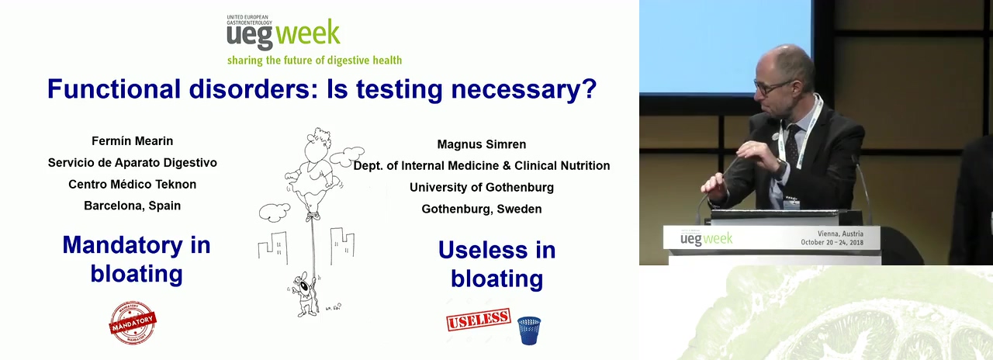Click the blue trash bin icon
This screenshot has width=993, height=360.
point(529,331)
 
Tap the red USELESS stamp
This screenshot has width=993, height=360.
point(479,319)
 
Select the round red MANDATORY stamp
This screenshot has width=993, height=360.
point(133,322)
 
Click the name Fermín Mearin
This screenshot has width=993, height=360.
point(132,141)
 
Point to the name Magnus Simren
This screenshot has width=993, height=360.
point(482,144)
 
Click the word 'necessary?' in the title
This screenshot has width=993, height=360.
point(524,89)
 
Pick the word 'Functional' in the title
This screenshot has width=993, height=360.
point(114,88)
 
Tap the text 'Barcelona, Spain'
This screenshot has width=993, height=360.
point(132,206)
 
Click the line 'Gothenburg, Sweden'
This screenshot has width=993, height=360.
point(482,209)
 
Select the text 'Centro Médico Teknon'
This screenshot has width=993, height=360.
point(132,184)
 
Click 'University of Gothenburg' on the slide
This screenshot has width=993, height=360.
point(482,187)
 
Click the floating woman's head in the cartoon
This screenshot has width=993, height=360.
point(318,145)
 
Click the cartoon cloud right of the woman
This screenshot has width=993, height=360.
point(347,156)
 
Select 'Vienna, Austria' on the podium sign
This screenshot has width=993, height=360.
point(840,234)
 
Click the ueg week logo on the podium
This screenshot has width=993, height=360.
point(706,239)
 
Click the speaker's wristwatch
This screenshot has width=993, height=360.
point(780,168)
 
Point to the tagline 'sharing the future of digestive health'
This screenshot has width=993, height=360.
point(314,61)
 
